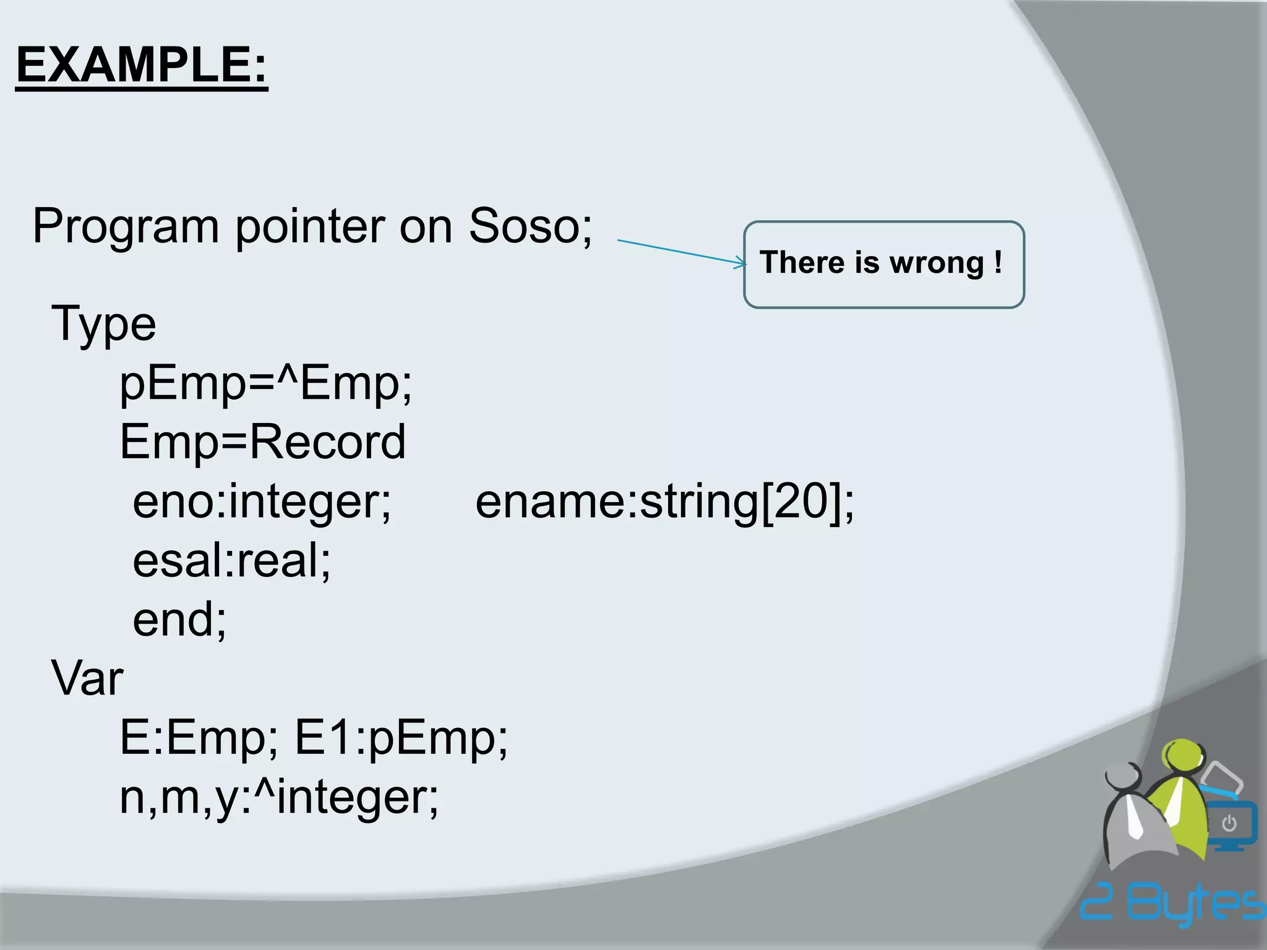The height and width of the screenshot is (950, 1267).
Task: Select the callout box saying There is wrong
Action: (883, 264)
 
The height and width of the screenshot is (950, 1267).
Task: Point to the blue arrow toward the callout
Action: (681, 252)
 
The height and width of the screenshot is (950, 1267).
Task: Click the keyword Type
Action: (103, 324)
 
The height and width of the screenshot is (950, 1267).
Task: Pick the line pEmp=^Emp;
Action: (265, 383)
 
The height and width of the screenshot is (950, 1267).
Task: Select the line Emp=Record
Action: (262, 442)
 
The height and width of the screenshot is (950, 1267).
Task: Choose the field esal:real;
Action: (231, 560)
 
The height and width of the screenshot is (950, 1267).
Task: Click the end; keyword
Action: (179, 619)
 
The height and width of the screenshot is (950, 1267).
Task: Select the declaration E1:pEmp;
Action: (401, 738)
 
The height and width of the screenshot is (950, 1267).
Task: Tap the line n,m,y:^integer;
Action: (279, 798)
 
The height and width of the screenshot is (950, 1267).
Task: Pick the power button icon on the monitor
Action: (1229, 823)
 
